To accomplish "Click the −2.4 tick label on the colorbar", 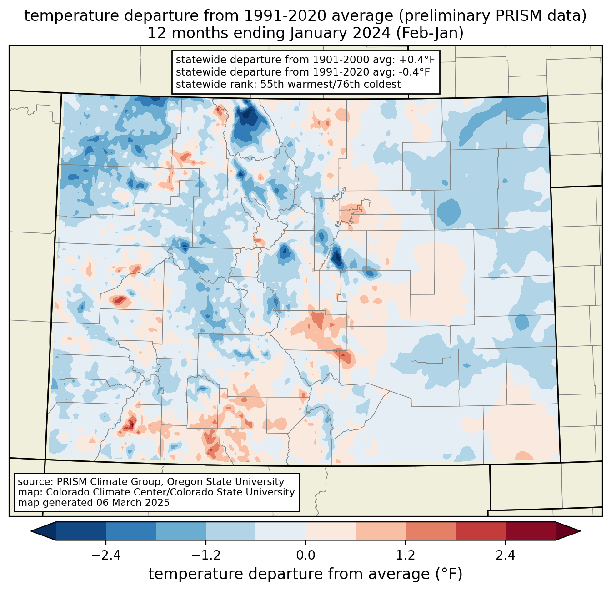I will click(106, 556).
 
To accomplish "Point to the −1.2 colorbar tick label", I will click(206, 556).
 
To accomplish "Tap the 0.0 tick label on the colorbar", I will click(305, 556).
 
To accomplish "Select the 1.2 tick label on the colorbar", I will click(406, 556).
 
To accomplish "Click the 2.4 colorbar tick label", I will click(506, 556).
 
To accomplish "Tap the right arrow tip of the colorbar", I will click(579, 531).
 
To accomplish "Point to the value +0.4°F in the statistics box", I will click(417, 60).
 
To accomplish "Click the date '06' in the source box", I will click(102, 503).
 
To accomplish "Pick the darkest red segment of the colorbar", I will click(530, 531).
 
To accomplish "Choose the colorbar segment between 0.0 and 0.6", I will click(331, 531).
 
